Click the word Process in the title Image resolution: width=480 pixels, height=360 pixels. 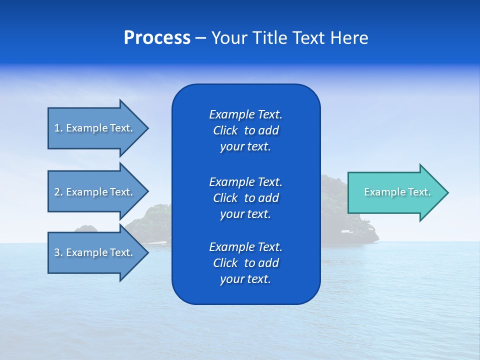(x=157, y=38)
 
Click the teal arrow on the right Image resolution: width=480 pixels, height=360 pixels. (x=395, y=192)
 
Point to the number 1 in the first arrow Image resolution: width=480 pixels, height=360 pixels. (x=57, y=128)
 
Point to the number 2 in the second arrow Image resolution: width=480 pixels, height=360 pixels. (x=57, y=192)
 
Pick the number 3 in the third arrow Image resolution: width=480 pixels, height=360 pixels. (x=57, y=252)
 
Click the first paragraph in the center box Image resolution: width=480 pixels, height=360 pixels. (x=245, y=130)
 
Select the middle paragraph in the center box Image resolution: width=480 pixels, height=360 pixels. (x=245, y=197)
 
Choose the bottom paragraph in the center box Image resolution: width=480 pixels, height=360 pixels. (x=245, y=263)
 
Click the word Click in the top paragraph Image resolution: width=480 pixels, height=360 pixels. (x=225, y=130)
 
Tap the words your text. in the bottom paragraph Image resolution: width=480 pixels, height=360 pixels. (x=245, y=279)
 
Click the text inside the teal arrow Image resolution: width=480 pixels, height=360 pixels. (x=397, y=192)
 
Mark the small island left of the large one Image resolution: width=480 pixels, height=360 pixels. (x=86, y=229)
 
